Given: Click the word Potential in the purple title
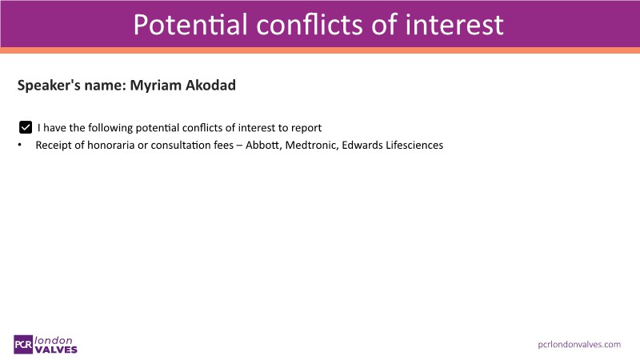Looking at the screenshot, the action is [190, 25].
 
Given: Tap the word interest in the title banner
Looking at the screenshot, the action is [454, 25].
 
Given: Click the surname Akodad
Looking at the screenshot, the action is [210, 85].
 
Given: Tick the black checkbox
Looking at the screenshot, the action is [26, 127].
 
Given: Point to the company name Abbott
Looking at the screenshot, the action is [263, 145].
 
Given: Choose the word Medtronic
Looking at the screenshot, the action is [311, 145].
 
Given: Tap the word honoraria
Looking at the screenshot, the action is [110, 145].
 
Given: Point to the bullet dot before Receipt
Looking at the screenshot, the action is [19, 145].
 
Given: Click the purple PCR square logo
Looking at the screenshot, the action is [23, 345].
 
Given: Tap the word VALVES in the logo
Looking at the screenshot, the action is [56, 350].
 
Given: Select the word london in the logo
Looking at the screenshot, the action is [54, 340].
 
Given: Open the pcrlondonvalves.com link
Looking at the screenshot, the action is [579, 345].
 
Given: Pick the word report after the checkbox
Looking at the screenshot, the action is [306, 128].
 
